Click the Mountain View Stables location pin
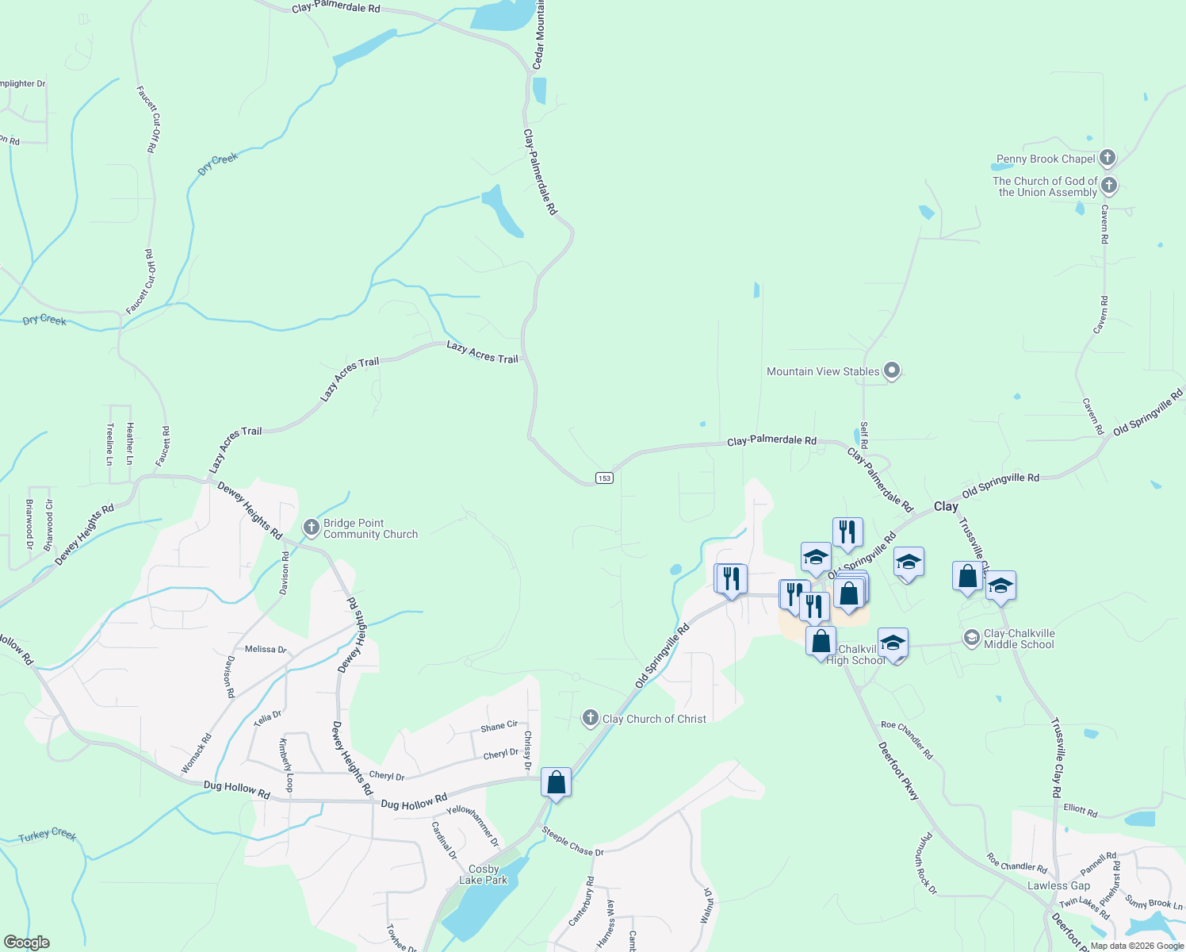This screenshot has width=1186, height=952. (892, 370)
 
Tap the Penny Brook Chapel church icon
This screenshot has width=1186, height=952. (1108, 158)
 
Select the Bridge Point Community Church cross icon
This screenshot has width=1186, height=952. (312, 528)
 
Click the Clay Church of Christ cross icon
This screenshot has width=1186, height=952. (590, 719)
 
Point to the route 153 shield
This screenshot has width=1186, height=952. (604, 478)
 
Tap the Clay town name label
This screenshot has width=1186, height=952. (945, 506)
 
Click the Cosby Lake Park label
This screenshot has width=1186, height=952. (483, 874)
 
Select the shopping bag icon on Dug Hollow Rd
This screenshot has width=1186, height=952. (556, 782)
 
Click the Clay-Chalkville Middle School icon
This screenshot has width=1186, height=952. (971, 638)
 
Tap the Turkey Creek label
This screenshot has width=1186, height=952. (47, 835)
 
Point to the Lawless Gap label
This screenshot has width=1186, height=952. (1058, 885)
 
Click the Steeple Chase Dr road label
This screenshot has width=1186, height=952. (572, 842)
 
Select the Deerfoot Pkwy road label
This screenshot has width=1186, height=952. (898, 770)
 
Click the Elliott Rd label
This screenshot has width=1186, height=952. (1080, 811)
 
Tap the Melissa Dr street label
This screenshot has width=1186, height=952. (266, 649)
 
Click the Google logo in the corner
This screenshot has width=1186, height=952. (26, 942)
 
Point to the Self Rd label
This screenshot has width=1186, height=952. (864, 435)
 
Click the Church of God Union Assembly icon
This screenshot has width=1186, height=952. (1109, 186)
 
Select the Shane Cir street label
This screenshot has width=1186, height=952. (499, 727)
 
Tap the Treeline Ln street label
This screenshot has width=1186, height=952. (109, 444)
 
